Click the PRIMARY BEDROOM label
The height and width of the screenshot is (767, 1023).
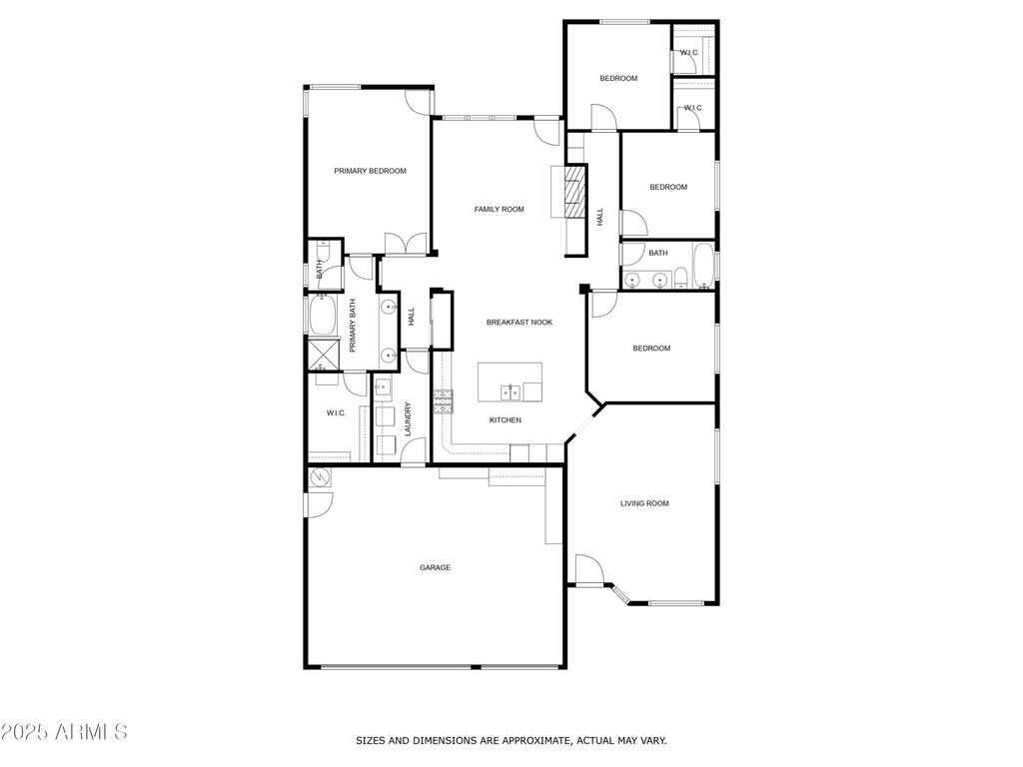point(370,171)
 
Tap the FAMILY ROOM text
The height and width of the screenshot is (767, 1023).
point(500,210)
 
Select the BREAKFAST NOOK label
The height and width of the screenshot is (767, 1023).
point(519,323)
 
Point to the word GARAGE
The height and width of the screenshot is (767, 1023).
point(436,568)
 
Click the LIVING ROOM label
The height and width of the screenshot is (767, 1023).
point(644,503)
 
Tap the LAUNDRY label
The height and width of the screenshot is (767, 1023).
point(408,418)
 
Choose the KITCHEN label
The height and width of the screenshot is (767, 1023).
point(506,420)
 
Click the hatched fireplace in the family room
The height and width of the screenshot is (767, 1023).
point(575,191)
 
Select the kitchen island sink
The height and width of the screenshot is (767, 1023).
point(511,391)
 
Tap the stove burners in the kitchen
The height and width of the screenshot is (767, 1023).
point(444,401)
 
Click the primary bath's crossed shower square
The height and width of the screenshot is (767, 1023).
point(324,354)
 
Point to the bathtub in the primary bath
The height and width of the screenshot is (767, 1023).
point(323,315)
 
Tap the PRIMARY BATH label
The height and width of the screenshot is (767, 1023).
point(353,326)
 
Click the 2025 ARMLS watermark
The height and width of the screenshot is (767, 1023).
point(64,732)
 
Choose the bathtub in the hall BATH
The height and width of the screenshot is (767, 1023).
point(703,266)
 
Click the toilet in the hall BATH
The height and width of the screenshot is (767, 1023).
point(680,278)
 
